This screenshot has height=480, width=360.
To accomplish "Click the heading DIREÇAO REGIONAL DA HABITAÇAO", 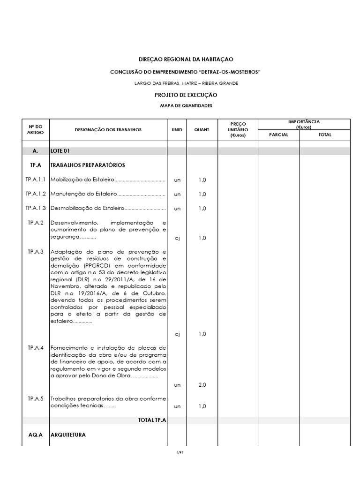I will click(186, 60).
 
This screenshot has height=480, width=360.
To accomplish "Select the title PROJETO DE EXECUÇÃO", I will click(186, 95).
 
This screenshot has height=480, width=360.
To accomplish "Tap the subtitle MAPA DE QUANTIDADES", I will click(186, 106).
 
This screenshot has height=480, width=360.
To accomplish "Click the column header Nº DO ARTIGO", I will click(35, 129).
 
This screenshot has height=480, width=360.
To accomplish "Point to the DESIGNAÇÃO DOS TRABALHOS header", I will click(108, 129).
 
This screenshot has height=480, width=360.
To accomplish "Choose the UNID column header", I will click(177, 129).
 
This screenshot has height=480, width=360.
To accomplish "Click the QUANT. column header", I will click(202, 129).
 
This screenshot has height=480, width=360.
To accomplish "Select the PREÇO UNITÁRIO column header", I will click(238, 129).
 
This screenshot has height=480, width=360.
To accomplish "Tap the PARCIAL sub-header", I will click(278, 135).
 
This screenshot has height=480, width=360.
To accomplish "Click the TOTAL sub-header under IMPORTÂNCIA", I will click(324, 135).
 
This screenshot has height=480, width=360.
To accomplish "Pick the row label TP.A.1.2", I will click(36, 194).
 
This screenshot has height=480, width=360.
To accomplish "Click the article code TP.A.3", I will click(36, 252).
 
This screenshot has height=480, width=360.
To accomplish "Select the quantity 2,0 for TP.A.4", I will click(202, 385).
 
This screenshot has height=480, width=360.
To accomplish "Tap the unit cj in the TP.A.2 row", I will click(177, 238).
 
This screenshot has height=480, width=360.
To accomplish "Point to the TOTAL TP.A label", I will click(152, 420).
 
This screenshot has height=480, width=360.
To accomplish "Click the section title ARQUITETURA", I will click(68, 435).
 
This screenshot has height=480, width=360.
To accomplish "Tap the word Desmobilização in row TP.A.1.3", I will click(69, 208).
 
